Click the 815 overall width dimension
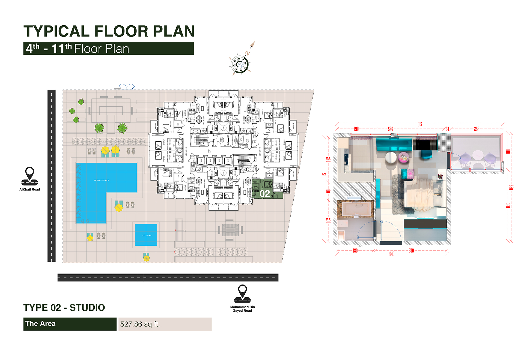[420, 124]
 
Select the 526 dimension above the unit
[391, 129]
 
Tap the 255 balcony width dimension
[477, 129]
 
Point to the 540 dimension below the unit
[392, 254]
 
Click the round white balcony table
[478, 155]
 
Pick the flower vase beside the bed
[440, 177]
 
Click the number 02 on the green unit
[265, 194]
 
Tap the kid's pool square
[146, 235]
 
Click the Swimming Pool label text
[101, 181]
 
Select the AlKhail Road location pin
[29, 176]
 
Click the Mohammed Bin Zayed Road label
[242, 309]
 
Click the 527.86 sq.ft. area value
[140, 324]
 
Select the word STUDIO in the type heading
[87, 308]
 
